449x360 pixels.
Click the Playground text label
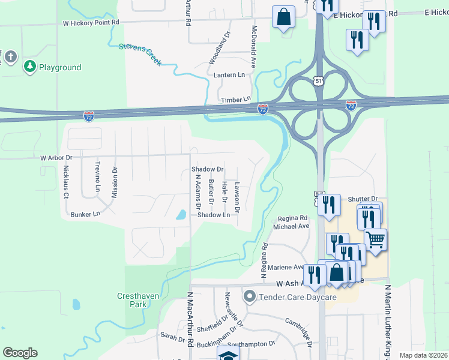pyautogui.click(x=60, y=67)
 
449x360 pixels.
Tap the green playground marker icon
pyautogui.click(x=29, y=66)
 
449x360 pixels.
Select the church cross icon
pyautogui.click(x=10, y=58)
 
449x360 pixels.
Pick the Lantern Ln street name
pyautogui.click(x=230, y=75)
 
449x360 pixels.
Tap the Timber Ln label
pyautogui.click(x=235, y=100)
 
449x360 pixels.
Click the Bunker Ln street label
pyautogui.click(x=85, y=214)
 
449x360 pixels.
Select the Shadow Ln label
pyautogui.click(x=214, y=214)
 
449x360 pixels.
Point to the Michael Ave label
pyautogui.click(x=291, y=226)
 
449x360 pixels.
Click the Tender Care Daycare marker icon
pyautogui.click(x=250, y=296)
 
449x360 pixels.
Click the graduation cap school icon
pyautogui.click(x=228, y=355)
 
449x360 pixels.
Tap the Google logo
pyautogui.click(x=20, y=353)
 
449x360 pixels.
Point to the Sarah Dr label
pyautogui.click(x=172, y=338)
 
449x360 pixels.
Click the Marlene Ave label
pyautogui.click(x=291, y=267)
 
